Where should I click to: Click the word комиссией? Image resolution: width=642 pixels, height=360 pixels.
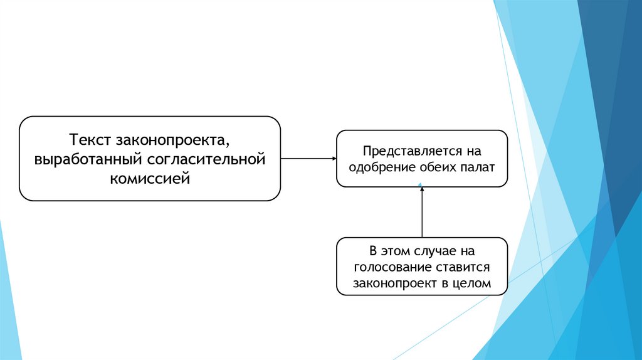(150, 179)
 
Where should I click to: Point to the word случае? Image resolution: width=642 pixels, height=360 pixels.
(433, 251)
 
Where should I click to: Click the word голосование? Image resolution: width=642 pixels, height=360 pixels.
(390, 267)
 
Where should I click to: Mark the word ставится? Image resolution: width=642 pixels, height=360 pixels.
(465, 267)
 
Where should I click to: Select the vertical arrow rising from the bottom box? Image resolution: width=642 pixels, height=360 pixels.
(422, 213)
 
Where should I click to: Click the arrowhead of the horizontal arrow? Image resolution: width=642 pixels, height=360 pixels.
(334, 159)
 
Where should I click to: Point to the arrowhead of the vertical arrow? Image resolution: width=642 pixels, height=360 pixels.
(422, 186)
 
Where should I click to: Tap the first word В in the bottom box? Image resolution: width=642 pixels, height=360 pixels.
(374, 251)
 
